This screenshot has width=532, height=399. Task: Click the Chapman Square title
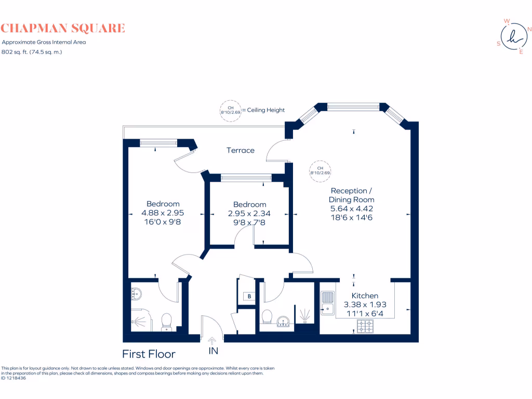click(63, 28)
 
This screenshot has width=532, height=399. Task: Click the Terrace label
click(241, 150)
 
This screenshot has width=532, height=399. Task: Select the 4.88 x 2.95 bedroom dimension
click(163, 212)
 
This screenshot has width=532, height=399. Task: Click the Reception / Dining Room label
click(352, 195)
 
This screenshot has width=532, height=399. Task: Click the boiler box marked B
click(249, 296)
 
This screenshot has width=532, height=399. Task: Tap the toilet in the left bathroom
click(167, 321)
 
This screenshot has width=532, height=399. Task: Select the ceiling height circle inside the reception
click(320, 170)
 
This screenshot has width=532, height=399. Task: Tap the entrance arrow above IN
click(213, 341)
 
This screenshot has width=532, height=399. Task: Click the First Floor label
click(149, 354)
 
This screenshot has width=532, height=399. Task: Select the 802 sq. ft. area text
click(32, 51)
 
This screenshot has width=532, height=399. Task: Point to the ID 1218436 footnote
click(14, 378)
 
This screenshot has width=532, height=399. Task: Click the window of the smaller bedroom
click(246, 178)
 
